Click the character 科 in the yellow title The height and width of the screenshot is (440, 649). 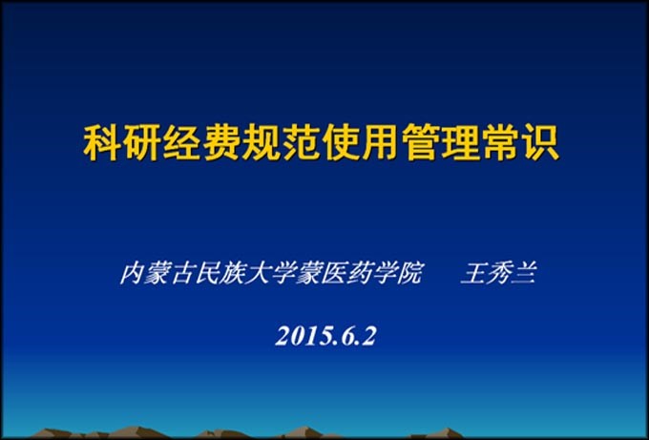click(x=103, y=143)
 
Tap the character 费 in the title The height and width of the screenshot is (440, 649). click(x=222, y=143)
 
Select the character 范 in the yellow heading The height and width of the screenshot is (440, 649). click(x=302, y=143)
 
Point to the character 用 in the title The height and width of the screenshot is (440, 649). click(x=381, y=143)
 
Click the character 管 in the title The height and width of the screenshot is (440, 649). click(x=421, y=143)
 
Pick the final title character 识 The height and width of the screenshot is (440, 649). click(x=540, y=143)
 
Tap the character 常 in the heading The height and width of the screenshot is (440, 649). click(x=500, y=143)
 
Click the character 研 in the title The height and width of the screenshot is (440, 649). click(x=143, y=143)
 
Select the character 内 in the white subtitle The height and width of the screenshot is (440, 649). click(x=133, y=274)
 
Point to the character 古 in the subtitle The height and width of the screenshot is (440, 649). click(x=183, y=274)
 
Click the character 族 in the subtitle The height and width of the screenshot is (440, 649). click(x=234, y=274)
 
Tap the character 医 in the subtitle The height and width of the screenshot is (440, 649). click(x=334, y=274)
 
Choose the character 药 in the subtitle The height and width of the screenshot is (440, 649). click(x=360, y=274)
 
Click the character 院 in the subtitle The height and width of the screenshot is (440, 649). click(x=410, y=274)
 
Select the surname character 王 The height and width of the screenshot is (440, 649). click(x=473, y=274)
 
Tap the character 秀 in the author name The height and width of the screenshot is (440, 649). click(x=499, y=274)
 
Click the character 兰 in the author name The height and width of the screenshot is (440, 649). click(x=524, y=274)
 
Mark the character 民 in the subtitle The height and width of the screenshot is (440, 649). click(x=208, y=274)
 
